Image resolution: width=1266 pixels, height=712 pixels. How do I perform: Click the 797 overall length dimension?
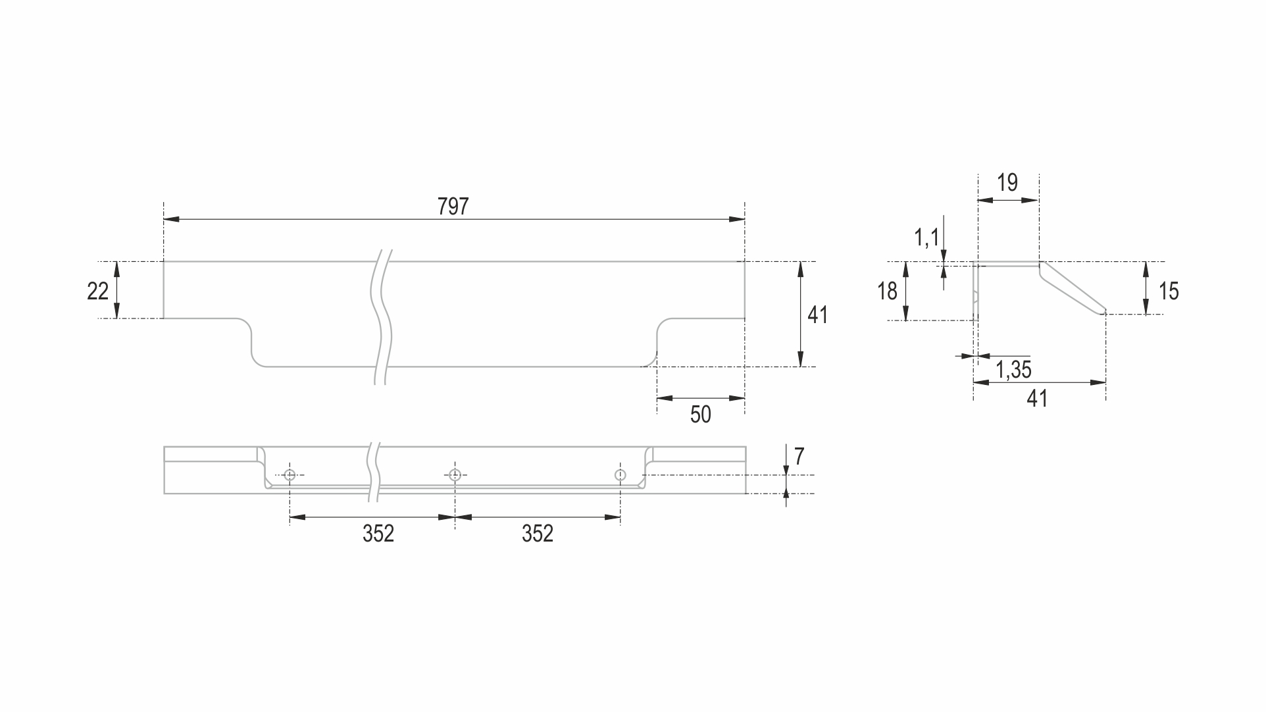453,207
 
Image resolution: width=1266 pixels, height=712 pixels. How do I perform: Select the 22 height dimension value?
97,291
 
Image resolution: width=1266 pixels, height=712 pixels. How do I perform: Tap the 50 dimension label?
701,415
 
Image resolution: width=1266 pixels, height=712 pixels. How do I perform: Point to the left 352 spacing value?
378,534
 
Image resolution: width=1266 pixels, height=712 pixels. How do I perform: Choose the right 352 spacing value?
538,534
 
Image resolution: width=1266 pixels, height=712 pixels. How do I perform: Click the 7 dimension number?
799,457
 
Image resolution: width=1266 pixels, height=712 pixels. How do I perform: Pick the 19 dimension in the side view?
1007,182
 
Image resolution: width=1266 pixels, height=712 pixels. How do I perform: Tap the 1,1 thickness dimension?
927,238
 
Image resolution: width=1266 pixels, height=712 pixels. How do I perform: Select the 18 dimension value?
887,291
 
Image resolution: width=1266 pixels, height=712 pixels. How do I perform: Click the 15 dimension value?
1169,291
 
